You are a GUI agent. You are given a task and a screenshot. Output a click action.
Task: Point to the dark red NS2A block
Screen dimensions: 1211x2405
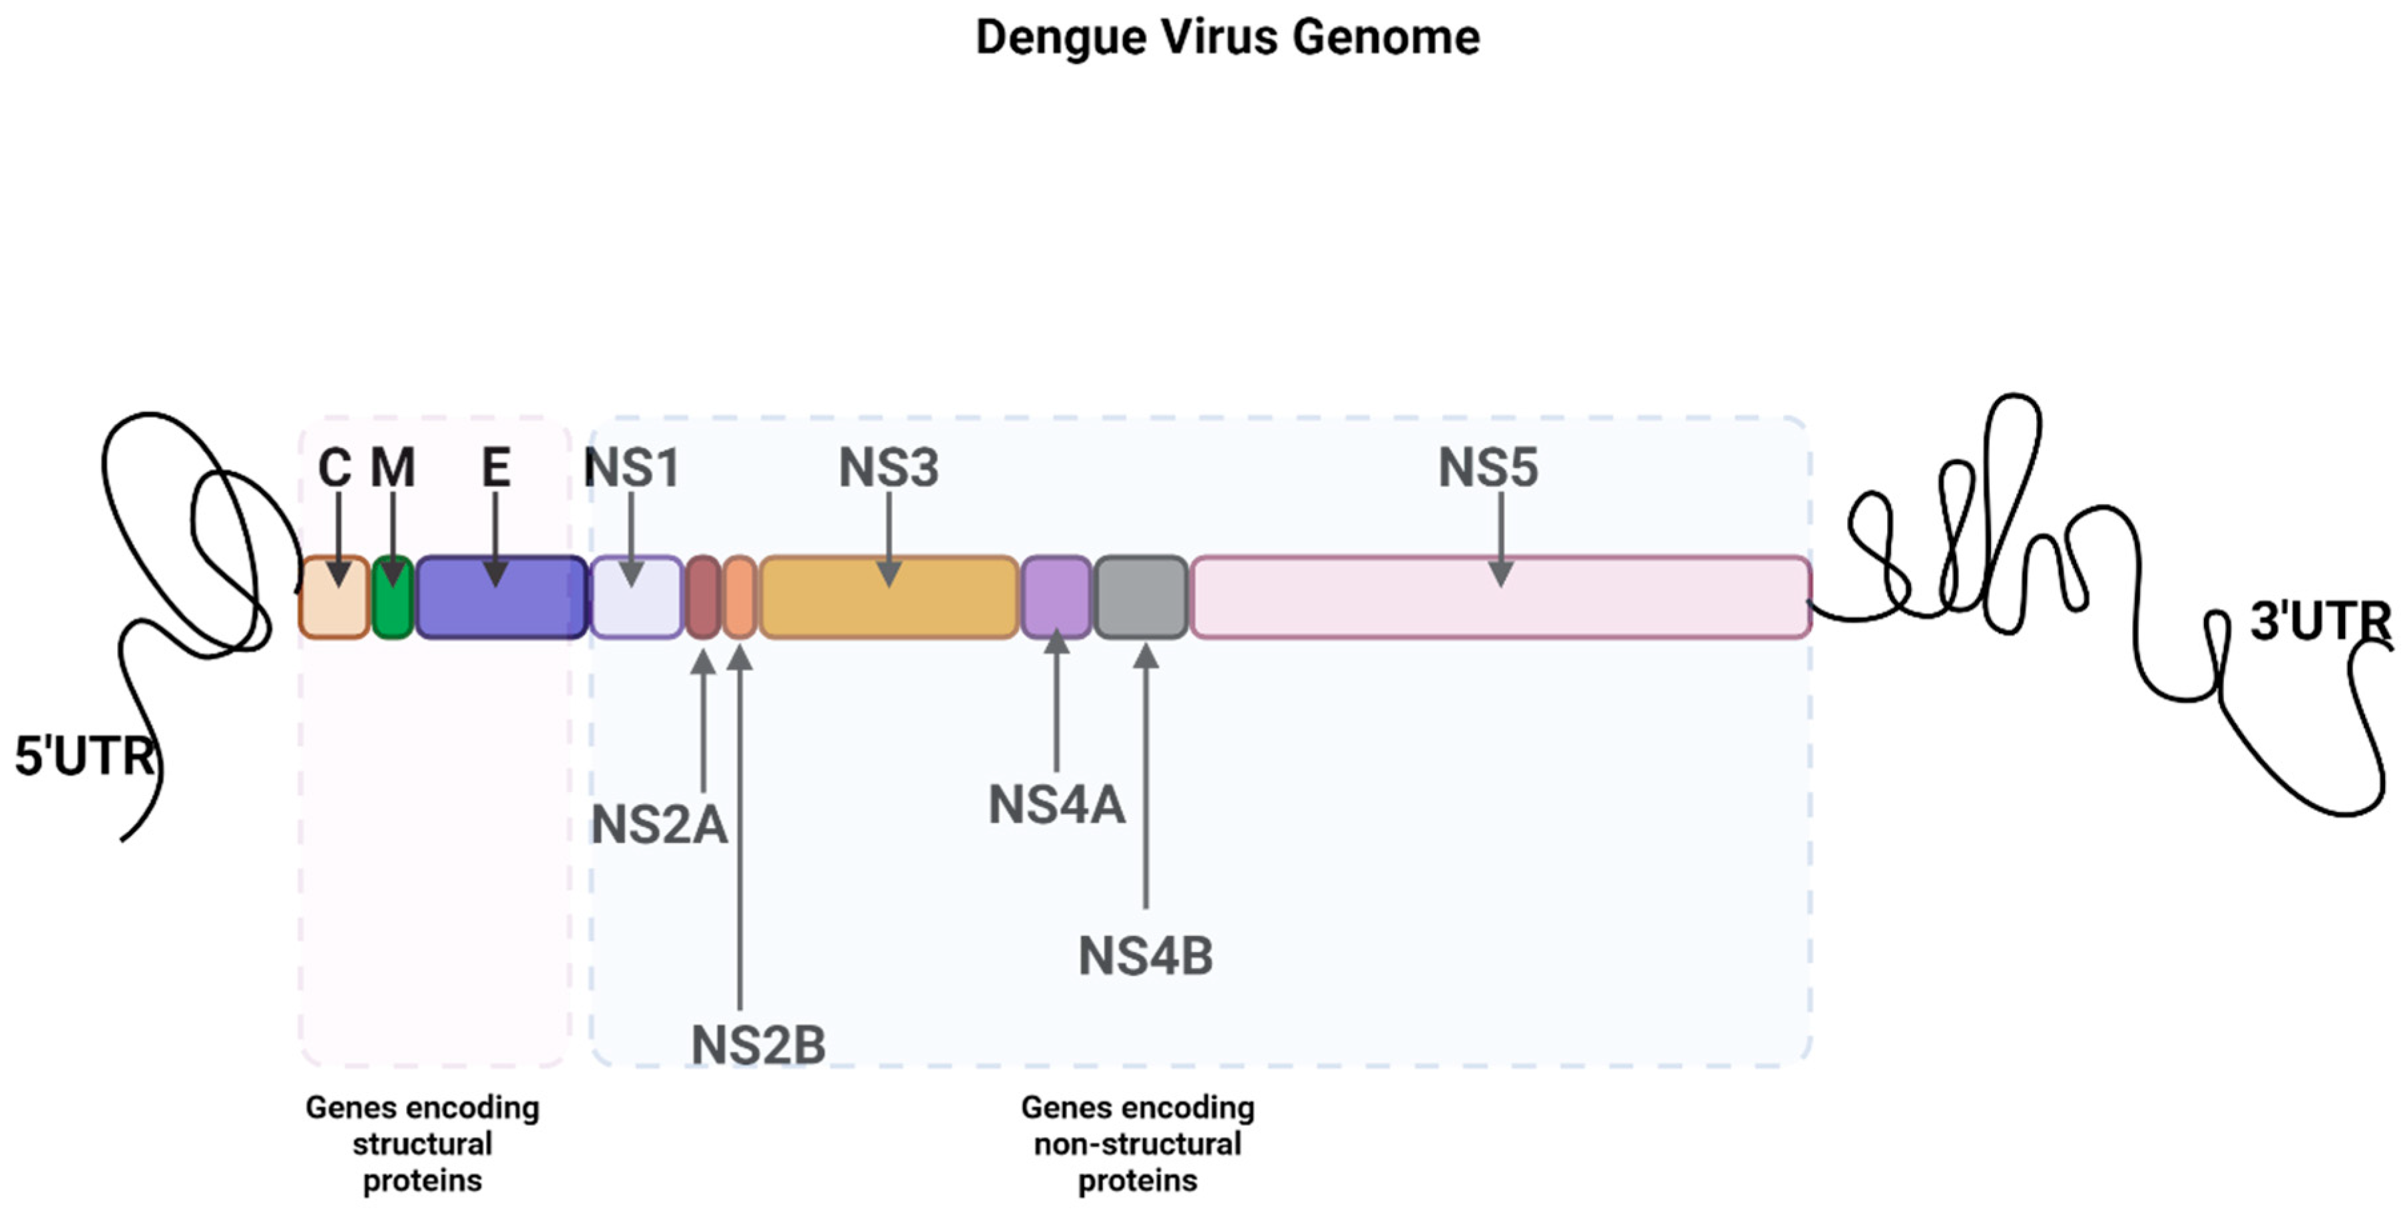(x=703, y=598)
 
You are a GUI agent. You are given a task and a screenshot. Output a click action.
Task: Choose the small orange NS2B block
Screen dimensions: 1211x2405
(x=740, y=598)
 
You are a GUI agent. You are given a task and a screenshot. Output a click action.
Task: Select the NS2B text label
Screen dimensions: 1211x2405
(x=758, y=1044)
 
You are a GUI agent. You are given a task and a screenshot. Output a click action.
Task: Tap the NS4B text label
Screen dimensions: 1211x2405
(x=1146, y=956)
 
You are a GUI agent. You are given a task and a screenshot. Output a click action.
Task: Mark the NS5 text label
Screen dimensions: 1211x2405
(x=1487, y=467)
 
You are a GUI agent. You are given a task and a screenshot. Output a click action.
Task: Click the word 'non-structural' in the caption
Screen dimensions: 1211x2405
(x=1137, y=1144)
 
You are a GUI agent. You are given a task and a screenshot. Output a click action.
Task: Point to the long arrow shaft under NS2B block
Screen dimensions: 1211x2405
(x=740, y=840)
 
